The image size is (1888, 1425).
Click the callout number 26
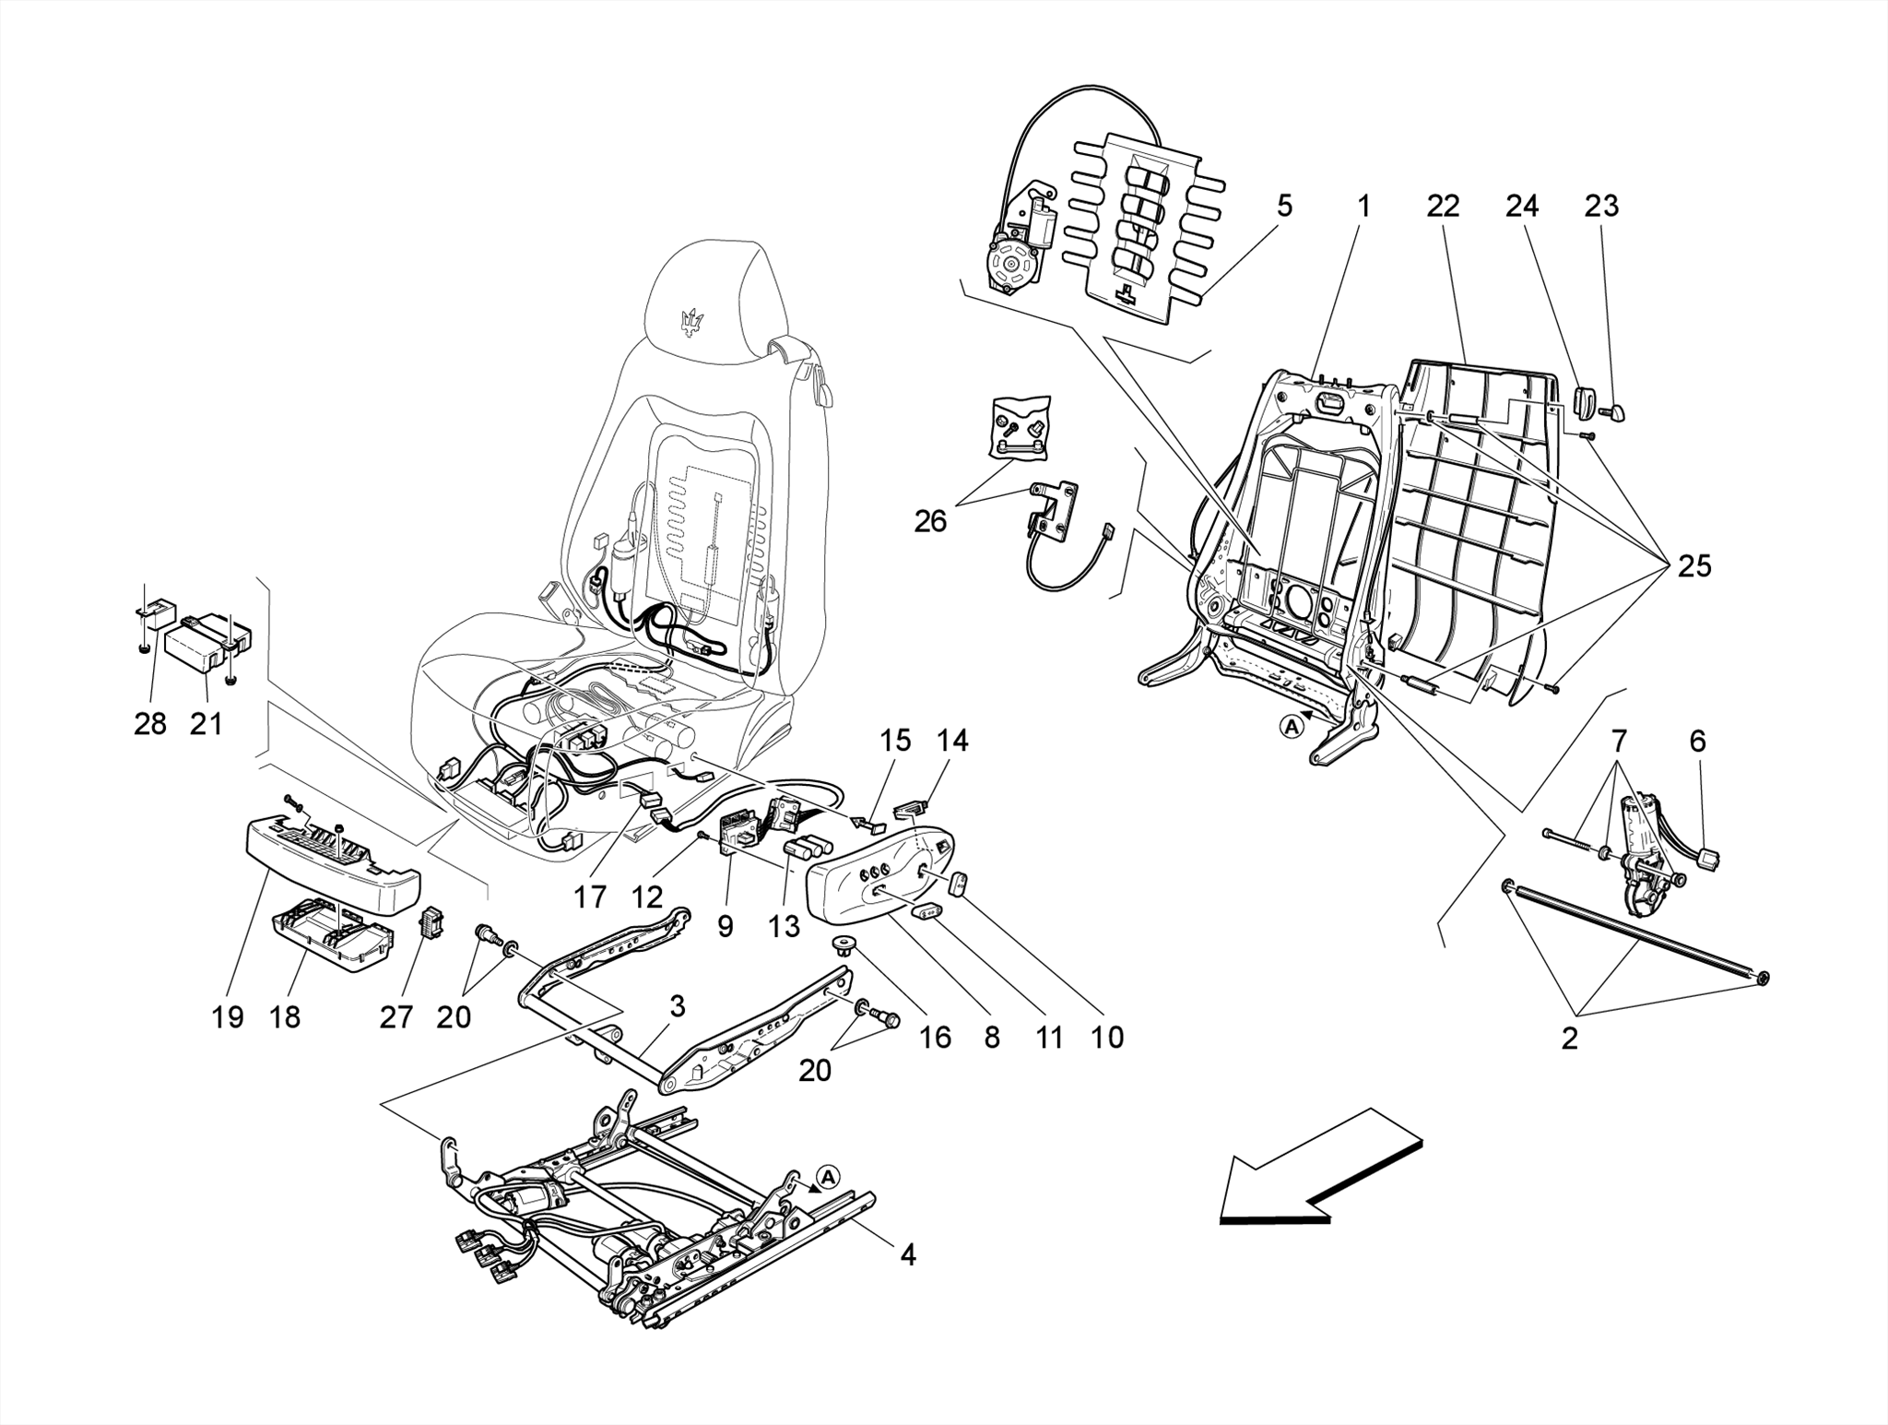(930, 521)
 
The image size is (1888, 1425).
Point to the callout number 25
(1694, 565)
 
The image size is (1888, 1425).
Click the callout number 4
(908, 1254)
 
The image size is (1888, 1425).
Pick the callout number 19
(228, 1017)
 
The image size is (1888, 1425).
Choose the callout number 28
(150, 724)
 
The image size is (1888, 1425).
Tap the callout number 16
(935, 1038)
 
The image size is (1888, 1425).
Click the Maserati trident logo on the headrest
(691, 323)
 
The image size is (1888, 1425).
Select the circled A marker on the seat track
(828, 1176)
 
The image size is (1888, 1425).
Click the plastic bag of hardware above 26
(1020, 426)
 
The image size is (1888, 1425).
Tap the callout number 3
(678, 1006)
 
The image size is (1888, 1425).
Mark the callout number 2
(1569, 1039)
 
